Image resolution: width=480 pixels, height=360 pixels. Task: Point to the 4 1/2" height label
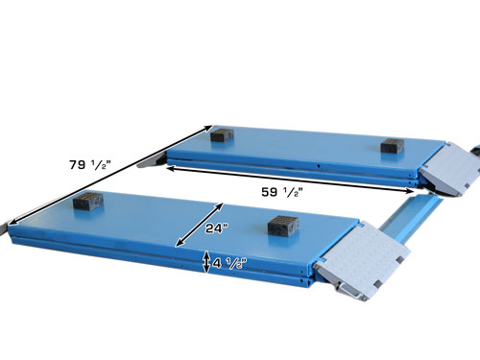click(227, 263)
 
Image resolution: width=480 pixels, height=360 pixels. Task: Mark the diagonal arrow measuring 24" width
click(197, 223)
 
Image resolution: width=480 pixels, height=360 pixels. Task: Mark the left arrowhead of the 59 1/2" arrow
click(169, 165)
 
